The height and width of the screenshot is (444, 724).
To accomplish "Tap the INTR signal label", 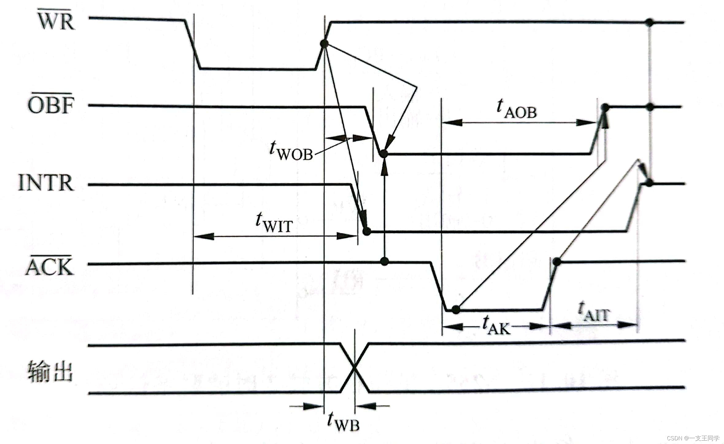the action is coord(46,183).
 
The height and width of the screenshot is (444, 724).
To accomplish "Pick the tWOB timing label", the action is coord(291,151).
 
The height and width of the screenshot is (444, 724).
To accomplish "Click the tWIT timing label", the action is coord(274,223).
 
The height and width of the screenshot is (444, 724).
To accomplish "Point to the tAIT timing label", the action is coord(594,312).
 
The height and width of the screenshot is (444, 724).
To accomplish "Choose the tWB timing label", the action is coord(343,422).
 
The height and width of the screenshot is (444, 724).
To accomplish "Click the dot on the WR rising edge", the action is coord(324,44).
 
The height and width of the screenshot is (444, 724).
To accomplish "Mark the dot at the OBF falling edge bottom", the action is coord(383,153).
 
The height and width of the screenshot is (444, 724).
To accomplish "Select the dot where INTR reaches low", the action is coord(367,232).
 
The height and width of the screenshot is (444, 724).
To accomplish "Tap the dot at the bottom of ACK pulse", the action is coord(456,309).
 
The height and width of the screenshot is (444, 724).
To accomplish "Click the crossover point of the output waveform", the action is coord(354,368).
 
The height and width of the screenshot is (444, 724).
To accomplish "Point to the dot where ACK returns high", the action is coord(557,262).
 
